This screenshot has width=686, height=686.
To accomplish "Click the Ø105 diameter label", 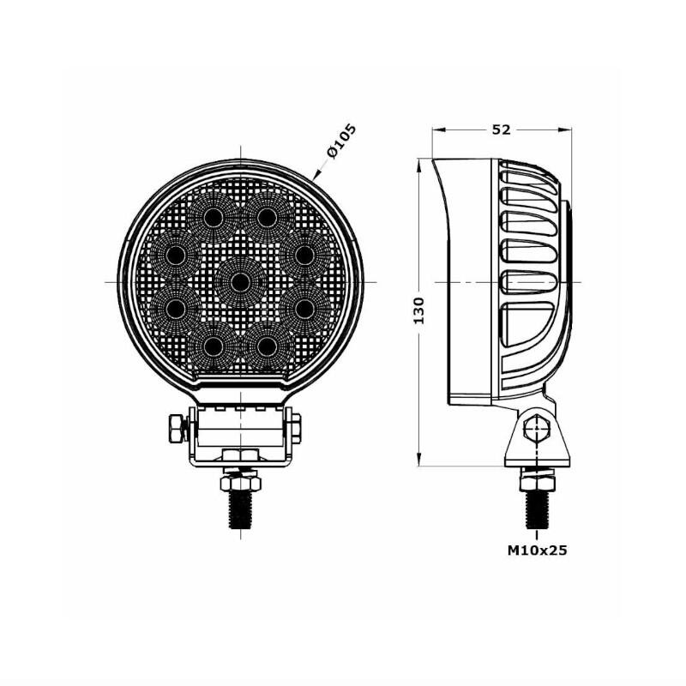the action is (x=342, y=141).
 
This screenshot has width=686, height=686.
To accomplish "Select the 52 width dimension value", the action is (x=502, y=129).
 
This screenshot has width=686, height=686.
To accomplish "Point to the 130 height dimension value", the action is (x=419, y=310).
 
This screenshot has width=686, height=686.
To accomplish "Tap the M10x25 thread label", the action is (x=538, y=550).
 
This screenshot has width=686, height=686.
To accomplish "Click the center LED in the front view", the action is (x=240, y=283).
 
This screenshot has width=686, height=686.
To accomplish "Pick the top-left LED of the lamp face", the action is (x=214, y=218).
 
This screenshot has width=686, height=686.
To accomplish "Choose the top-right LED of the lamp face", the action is (x=267, y=218).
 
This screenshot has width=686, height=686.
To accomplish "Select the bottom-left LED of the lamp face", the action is (x=213, y=347).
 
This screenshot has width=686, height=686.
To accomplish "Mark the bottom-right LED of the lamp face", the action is (x=267, y=347).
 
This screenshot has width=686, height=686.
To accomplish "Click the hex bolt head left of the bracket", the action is (x=177, y=429).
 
